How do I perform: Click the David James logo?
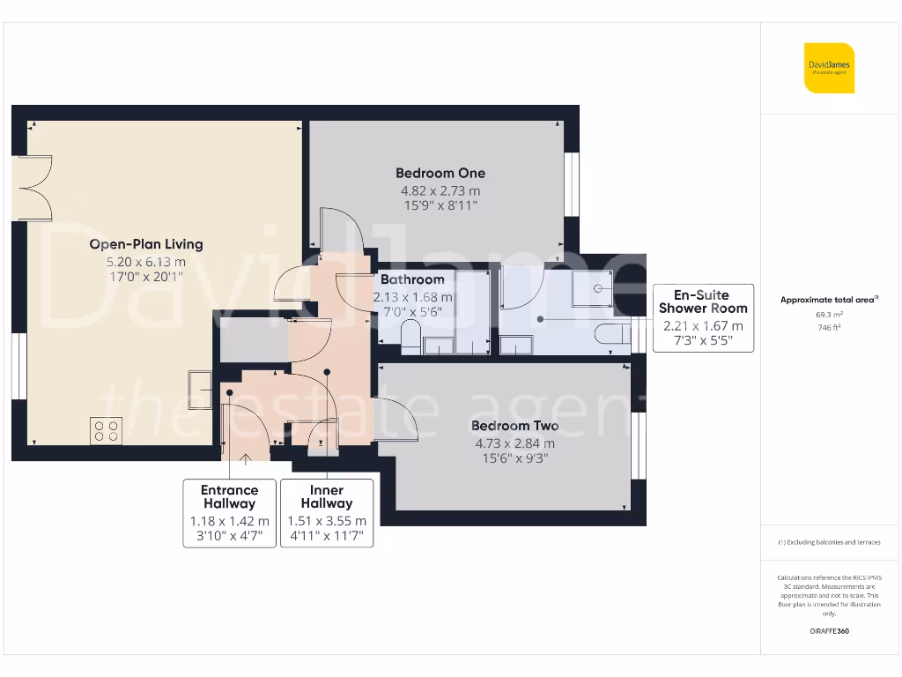[x=828, y=68]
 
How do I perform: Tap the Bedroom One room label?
[x=440, y=174]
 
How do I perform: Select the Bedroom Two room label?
[x=514, y=427]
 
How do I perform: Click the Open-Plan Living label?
[x=146, y=244]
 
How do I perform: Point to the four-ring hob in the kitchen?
[x=107, y=430]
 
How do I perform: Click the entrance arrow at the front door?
[x=245, y=458]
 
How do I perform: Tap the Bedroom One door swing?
[x=336, y=231]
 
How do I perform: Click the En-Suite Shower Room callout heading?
[x=703, y=301]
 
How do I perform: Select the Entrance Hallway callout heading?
[x=230, y=497]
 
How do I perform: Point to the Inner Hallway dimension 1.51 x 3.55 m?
[x=327, y=521]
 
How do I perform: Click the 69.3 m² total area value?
[x=828, y=313]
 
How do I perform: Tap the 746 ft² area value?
[x=828, y=326]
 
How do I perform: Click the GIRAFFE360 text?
[x=828, y=631]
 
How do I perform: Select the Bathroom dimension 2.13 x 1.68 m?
[x=412, y=297]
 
